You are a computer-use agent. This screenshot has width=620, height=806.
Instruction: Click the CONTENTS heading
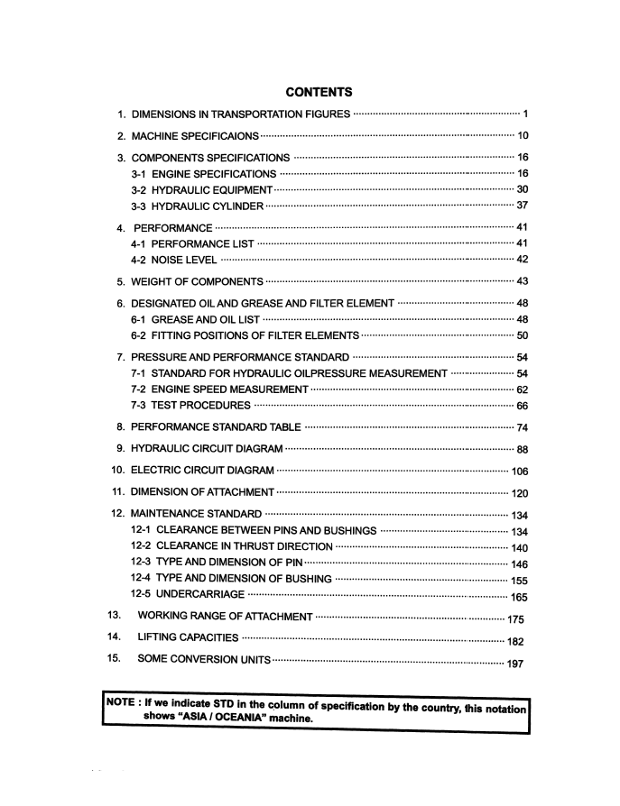[318, 92]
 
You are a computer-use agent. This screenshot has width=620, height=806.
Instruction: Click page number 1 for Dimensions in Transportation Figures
[525, 114]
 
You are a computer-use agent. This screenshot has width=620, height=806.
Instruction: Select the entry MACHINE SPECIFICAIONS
[195, 136]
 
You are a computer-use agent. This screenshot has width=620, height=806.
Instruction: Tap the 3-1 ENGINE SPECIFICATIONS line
[203, 174]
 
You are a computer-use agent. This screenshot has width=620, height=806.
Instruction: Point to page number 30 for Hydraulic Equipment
[522, 189]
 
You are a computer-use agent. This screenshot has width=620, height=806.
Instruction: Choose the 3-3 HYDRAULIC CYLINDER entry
[197, 206]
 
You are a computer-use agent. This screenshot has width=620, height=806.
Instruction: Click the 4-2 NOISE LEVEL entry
[173, 260]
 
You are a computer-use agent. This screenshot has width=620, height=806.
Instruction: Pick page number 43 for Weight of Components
[522, 281]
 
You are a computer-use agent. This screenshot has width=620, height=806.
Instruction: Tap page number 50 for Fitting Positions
[522, 335]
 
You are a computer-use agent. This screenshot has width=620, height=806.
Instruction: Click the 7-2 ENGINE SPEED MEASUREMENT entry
[219, 389]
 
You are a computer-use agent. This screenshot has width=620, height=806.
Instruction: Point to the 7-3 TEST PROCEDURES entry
[190, 406]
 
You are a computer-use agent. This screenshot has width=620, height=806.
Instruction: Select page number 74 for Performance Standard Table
[522, 427]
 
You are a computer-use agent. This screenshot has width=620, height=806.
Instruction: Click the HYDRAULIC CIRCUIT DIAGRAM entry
[207, 449]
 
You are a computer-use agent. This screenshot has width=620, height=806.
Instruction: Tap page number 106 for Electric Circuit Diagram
[519, 472]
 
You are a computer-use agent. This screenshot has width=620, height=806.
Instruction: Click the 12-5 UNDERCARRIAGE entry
[187, 596]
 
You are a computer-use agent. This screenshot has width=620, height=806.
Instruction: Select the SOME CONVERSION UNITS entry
[203, 662]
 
